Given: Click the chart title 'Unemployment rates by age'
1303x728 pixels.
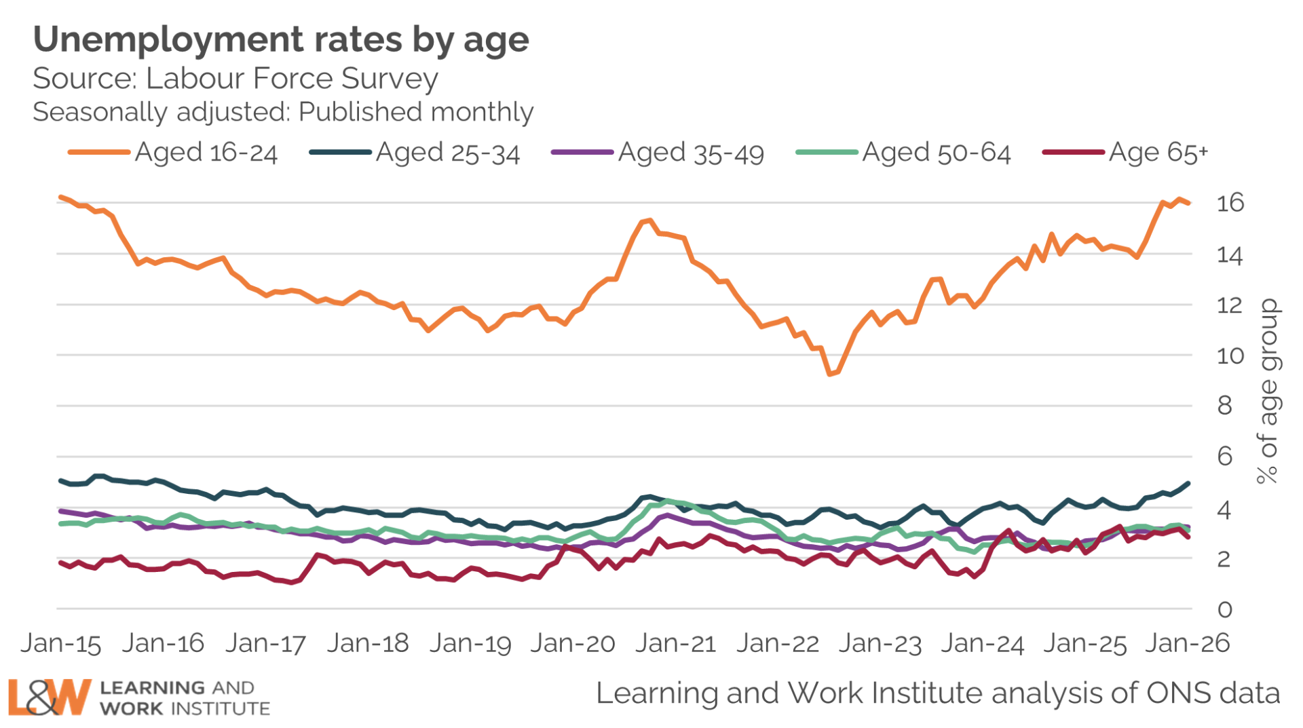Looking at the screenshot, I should [281, 39].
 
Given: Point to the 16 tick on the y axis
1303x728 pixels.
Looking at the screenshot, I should [1230, 203].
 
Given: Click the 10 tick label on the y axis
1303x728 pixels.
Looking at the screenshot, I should [1230, 356].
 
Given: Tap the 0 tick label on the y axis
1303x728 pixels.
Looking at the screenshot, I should [1224, 609].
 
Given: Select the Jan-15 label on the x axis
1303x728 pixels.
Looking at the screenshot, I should [61, 643].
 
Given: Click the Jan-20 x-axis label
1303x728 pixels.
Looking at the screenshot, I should [573, 643].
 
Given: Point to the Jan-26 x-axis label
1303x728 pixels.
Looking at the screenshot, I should [1188, 643].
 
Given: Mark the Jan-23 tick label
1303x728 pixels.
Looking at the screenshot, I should [880, 643].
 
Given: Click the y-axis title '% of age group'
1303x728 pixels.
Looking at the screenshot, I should [1268, 391].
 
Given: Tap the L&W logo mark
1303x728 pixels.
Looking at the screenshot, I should [49, 697].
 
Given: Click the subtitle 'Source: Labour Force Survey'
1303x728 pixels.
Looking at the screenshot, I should [235, 79].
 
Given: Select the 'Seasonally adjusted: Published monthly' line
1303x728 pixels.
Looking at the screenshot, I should [283, 112].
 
